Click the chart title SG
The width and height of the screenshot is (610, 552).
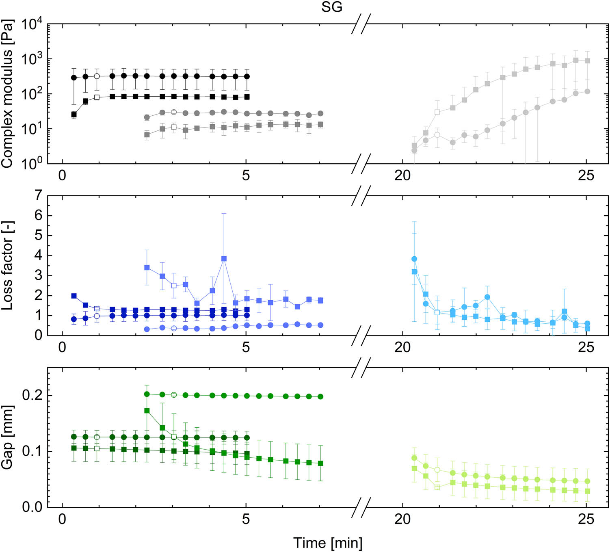331,7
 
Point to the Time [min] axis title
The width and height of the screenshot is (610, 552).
327,543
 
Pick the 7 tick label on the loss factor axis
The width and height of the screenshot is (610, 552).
39,195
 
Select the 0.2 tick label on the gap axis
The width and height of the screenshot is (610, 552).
32,395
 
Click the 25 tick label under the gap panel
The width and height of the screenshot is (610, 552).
586,519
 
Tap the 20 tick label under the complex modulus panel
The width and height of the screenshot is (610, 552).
402,175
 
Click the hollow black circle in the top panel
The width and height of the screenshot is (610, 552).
97,76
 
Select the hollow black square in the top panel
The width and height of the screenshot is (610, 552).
97,97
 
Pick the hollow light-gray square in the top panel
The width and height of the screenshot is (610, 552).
437,112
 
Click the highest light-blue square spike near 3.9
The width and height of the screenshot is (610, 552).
224,259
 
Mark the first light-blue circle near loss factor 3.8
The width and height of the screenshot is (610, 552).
414,259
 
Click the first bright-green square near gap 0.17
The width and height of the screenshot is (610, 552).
147,411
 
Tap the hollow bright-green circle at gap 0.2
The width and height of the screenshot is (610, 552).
174,395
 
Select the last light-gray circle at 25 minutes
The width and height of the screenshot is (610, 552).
587,92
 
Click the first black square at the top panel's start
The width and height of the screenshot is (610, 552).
74,115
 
